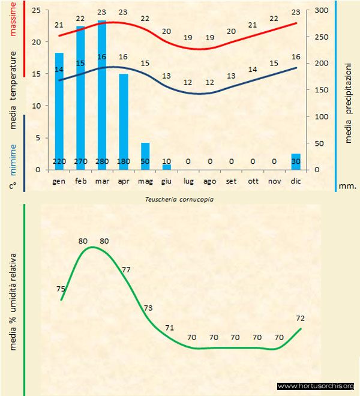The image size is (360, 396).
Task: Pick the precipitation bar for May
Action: coord(145,152)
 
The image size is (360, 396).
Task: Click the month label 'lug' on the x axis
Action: coord(188,181)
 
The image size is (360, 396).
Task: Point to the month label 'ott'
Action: coord(253,181)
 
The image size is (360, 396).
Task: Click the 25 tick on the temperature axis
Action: coord(36,11)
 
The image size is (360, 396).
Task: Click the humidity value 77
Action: coord(126,270)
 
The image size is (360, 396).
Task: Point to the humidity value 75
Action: coord(61,289)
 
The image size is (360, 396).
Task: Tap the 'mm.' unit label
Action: coord(347,186)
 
